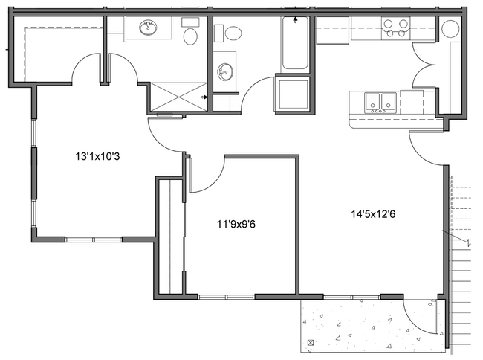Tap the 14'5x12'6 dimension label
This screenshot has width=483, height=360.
378,214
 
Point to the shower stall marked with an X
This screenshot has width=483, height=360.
178,96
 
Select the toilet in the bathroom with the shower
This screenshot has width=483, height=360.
190,34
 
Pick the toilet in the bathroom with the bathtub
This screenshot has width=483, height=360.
233,33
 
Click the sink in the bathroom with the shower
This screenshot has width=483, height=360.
148,29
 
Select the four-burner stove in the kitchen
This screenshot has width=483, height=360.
395,28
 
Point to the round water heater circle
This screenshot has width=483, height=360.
450,30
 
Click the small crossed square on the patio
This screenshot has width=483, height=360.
310,342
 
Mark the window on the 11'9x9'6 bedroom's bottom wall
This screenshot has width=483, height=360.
227,297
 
